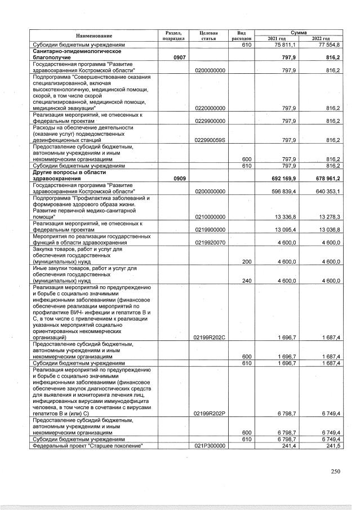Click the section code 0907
point(170,57)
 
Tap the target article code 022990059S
point(210,141)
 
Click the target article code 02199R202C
point(210,337)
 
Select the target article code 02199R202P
point(210,413)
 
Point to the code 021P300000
point(210,445)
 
